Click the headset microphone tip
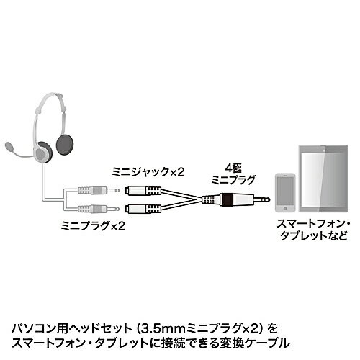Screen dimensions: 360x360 9,146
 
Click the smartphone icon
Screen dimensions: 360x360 285,192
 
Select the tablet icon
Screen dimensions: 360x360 323,179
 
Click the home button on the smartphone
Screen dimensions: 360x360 285,209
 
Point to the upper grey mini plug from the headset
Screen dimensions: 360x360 99,191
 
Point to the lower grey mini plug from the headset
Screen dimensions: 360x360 99,209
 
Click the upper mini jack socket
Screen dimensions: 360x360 143,191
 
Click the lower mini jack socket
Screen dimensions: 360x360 143,209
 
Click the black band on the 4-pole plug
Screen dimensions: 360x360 228,199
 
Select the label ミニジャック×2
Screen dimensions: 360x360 148,172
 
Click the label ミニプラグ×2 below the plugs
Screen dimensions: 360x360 93,226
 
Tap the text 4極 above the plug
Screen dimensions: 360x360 233,168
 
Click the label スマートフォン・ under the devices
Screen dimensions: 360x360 313,224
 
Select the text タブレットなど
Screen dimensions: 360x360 314,235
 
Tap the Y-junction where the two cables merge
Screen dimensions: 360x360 201,199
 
